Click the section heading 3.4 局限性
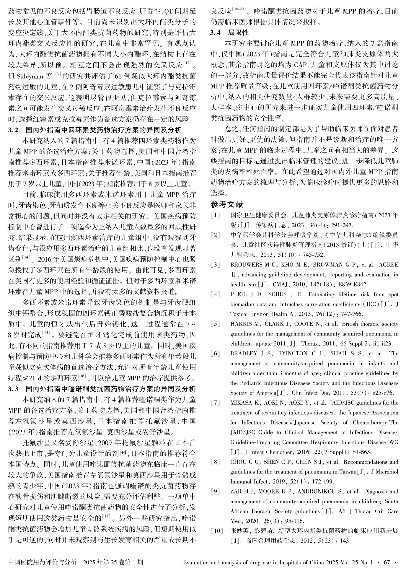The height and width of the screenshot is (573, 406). (229, 32)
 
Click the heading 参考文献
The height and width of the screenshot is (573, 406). (226, 204)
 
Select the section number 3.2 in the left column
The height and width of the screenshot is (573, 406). (13, 130)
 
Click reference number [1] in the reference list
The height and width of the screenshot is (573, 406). (215, 215)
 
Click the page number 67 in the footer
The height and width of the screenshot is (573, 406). (387, 562)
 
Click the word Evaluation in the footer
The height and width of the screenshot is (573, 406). (195, 562)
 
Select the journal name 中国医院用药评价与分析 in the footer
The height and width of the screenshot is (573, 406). (43, 562)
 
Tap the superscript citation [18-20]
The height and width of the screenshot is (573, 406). (239, 10)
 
